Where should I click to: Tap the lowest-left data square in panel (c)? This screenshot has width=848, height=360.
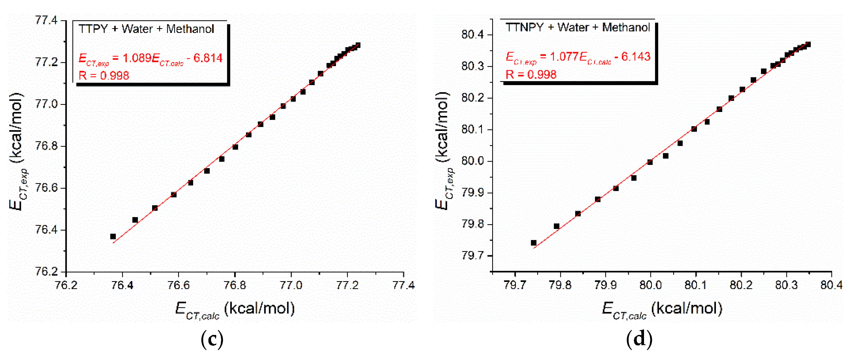113,237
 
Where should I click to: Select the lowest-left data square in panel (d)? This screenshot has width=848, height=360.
534,243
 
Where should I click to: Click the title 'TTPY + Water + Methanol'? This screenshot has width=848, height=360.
146,29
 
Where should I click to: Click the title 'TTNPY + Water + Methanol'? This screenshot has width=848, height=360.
578,27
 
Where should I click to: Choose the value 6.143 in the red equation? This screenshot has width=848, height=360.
636,57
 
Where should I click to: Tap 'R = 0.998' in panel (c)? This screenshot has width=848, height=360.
104,76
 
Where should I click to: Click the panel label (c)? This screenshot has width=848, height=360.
212,339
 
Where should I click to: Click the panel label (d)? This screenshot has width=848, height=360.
639,339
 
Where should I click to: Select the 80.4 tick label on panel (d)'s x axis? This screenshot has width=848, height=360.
831,285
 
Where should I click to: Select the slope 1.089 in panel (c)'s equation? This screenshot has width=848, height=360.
137,58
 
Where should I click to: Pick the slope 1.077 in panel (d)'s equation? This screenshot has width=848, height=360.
564,57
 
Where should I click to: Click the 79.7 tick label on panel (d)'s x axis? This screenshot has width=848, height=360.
515,285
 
